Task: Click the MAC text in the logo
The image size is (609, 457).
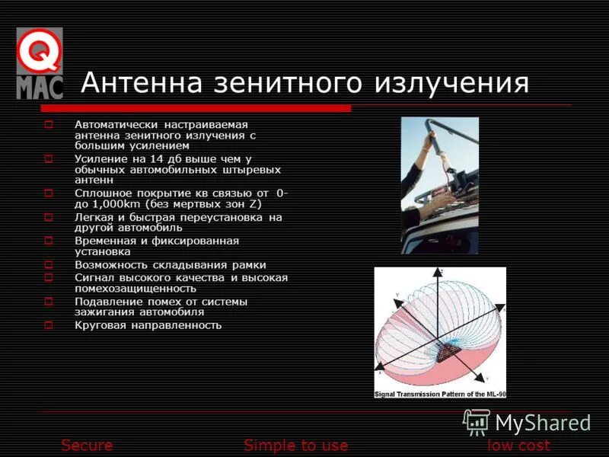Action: point(40,86)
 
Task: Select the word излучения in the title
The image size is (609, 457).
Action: point(457,83)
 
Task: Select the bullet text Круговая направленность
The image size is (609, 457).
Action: point(148,325)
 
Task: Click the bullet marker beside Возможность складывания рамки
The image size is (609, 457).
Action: point(48,265)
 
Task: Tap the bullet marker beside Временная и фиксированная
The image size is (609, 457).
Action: point(48,241)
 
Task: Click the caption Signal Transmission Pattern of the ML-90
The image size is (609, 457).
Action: point(440,394)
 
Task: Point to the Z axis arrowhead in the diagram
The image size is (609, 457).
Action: point(440,271)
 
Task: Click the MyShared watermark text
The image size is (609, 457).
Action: point(542,423)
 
